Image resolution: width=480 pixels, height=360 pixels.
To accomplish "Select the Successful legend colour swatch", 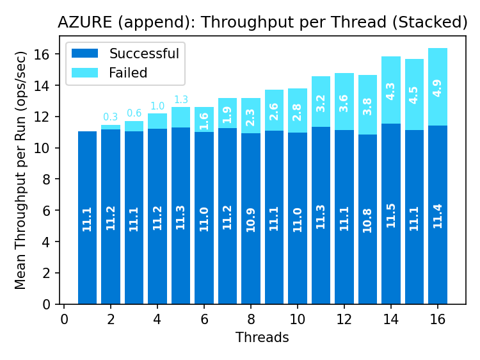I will coord(85,54).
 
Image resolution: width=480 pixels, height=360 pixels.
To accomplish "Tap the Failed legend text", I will coord(128,72).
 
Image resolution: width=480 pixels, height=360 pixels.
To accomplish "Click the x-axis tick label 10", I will coord(297,318).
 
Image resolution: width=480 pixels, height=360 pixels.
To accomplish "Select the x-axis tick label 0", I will coord(64,318).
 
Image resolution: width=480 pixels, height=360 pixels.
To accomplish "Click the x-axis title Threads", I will coord(262,337).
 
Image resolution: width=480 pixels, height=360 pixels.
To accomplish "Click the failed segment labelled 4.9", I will coord(438,87).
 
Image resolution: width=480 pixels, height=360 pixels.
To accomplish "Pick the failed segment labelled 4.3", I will coord(391,90).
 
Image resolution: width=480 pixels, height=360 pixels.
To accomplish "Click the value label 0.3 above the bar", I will coord(111,117).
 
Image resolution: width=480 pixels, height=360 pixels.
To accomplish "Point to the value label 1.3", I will coord(180,99).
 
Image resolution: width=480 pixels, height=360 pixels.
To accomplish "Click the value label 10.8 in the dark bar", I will coord(367,220).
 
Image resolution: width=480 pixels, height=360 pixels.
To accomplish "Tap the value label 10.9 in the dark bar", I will coord(251,220).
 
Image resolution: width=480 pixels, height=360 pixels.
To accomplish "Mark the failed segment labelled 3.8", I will coord(367,105).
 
